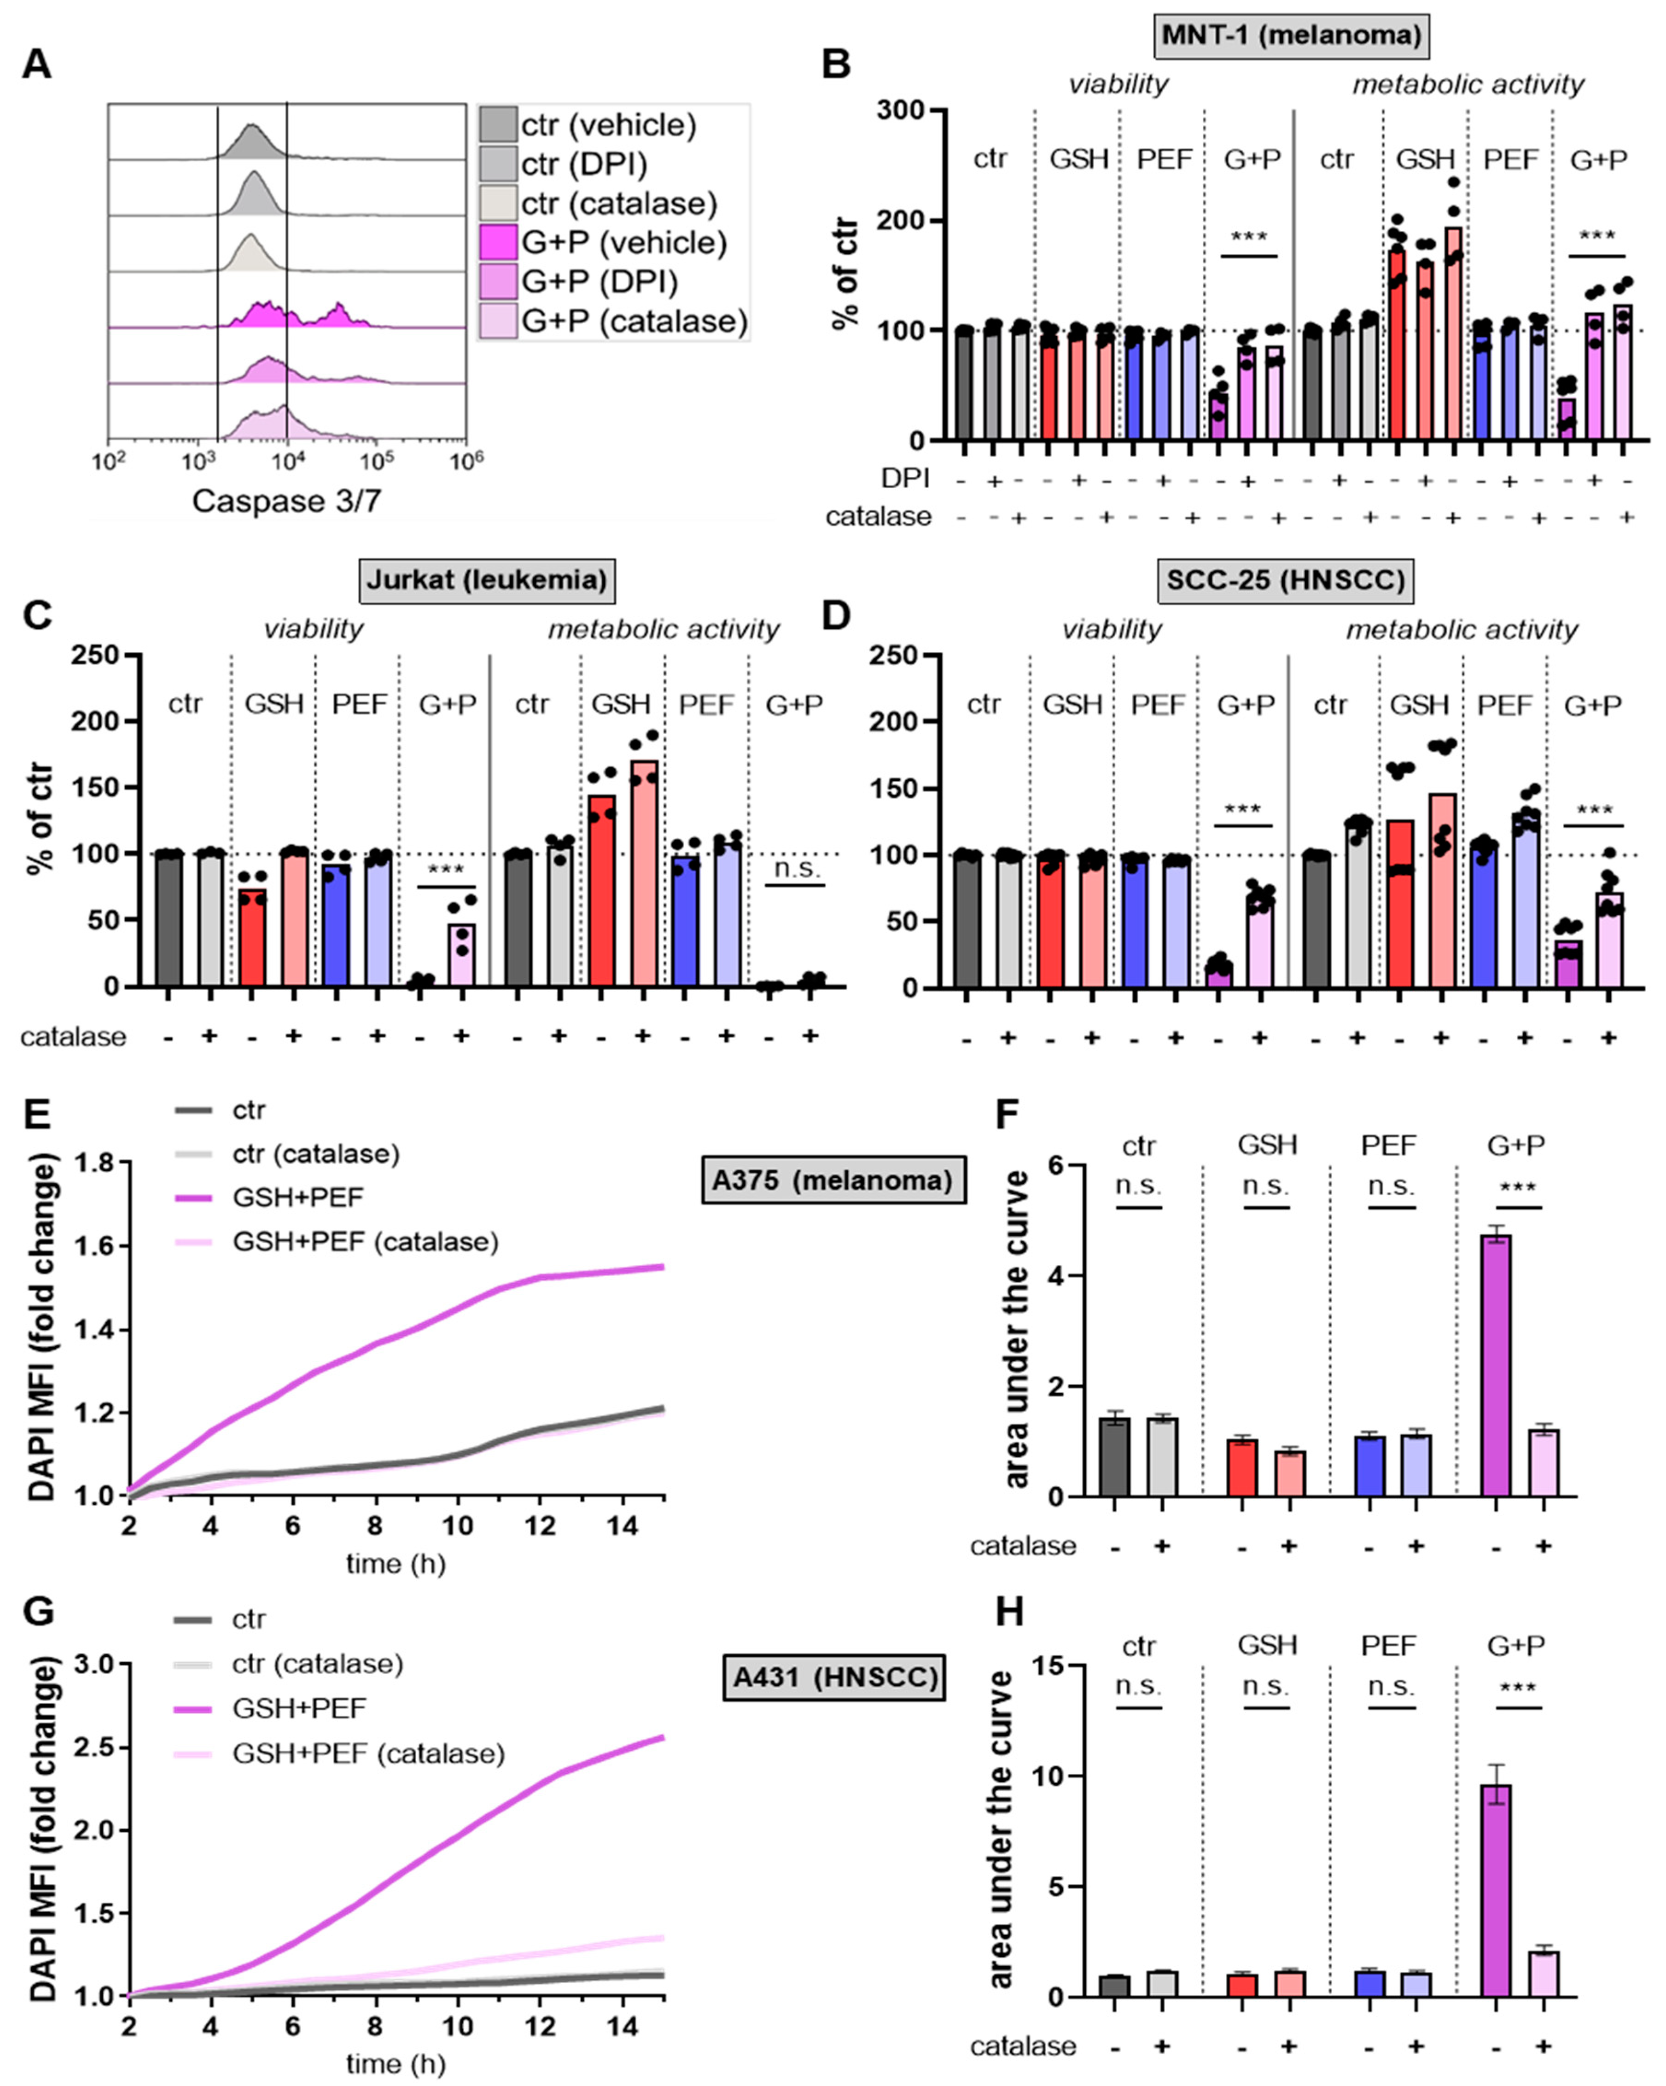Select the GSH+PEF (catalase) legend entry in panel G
367,1753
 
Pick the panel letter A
37,65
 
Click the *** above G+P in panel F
1517,1188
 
